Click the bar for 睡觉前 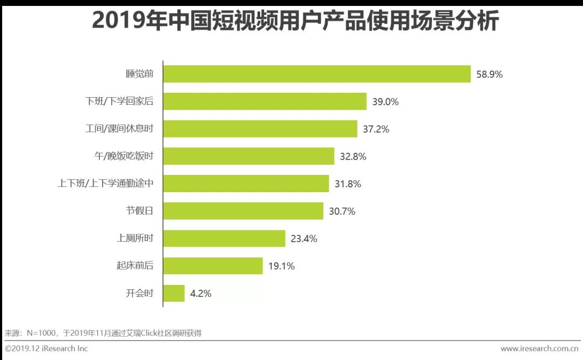coord(317,74)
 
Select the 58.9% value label coord(489,74)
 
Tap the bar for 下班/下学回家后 coord(265,101)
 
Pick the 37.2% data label coord(376,129)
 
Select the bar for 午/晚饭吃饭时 coord(248,157)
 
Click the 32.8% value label coord(353,157)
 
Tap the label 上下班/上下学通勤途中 coord(106,184)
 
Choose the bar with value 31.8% coord(246,184)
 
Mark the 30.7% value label coord(342,212)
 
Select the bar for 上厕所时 coord(224,239)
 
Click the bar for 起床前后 coord(213,266)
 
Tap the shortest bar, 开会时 coord(174,294)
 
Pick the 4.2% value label coord(201,294)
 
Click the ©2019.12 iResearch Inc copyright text coord(46,348)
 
